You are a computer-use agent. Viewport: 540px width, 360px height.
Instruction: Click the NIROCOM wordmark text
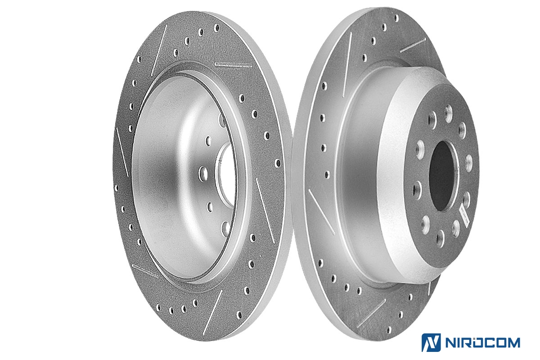click(x=482, y=342)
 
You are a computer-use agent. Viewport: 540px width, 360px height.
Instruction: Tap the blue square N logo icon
click(x=431, y=342)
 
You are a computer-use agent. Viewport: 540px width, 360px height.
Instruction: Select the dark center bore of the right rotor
click(x=441, y=176)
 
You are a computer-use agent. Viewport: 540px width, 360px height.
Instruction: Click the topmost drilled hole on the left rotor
click(x=216, y=28)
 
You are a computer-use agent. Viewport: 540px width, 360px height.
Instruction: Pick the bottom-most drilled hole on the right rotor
click(x=389, y=330)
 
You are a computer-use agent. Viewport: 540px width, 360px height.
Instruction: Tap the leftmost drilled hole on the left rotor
click(x=117, y=188)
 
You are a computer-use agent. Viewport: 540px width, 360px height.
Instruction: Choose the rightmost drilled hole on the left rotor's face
click(x=278, y=163)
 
